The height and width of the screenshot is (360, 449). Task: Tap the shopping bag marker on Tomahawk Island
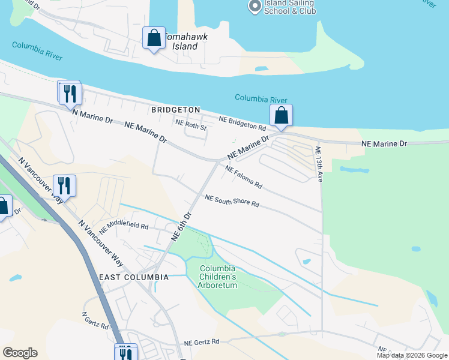pyautogui.click(x=154, y=38)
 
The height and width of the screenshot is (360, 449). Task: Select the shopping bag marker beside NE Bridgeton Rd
pyautogui.click(x=281, y=115)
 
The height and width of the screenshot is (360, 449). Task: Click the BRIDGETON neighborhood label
pyautogui.click(x=175, y=110)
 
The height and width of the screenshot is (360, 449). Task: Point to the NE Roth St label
pyautogui.click(x=191, y=127)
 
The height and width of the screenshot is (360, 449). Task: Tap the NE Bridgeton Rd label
pyautogui.click(x=242, y=124)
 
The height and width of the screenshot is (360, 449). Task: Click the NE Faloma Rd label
pyautogui.click(x=244, y=176)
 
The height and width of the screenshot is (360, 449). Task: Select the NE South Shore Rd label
pyautogui.click(x=232, y=201)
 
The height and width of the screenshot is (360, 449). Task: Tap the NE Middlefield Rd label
pyautogui.click(x=124, y=226)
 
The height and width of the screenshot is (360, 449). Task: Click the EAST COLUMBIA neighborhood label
pyautogui.click(x=134, y=277)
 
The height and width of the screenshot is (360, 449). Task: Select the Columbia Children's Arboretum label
pyautogui.click(x=217, y=277)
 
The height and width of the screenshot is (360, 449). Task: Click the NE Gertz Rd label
pyautogui.click(x=202, y=341)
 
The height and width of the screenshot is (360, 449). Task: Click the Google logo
pyautogui.click(x=20, y=353)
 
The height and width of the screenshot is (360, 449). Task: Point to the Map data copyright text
pyautogui.click(x=411, y=355)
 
